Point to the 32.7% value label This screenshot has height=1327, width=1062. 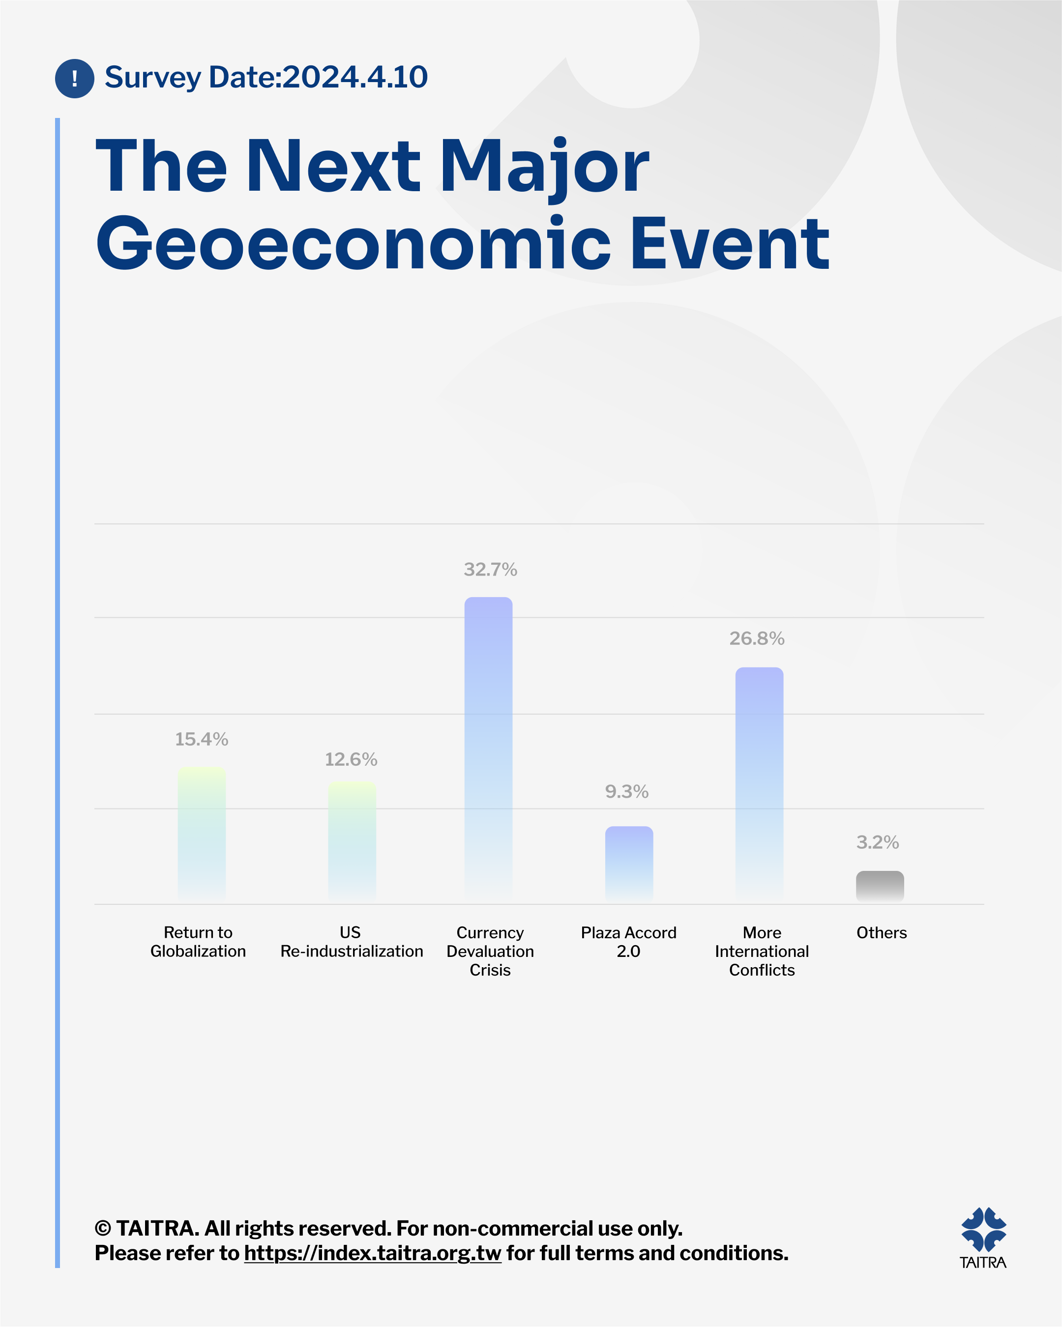[490, 569]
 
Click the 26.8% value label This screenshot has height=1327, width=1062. [757, 638]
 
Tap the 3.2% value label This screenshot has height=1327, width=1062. [877, 842]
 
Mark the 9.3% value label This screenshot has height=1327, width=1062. [627, 791]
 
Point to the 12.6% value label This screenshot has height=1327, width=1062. [351, 759]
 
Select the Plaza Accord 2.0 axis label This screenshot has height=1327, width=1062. [628, 942]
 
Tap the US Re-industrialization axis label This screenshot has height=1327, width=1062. [352, 942]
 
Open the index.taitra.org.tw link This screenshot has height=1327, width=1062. [373, 1253]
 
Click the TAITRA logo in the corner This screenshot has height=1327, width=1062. [983, 1238]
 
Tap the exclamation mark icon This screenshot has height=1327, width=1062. [75, 78]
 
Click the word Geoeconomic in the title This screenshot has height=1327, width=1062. [354, 244]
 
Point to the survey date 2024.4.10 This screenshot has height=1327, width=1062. [355, 77]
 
